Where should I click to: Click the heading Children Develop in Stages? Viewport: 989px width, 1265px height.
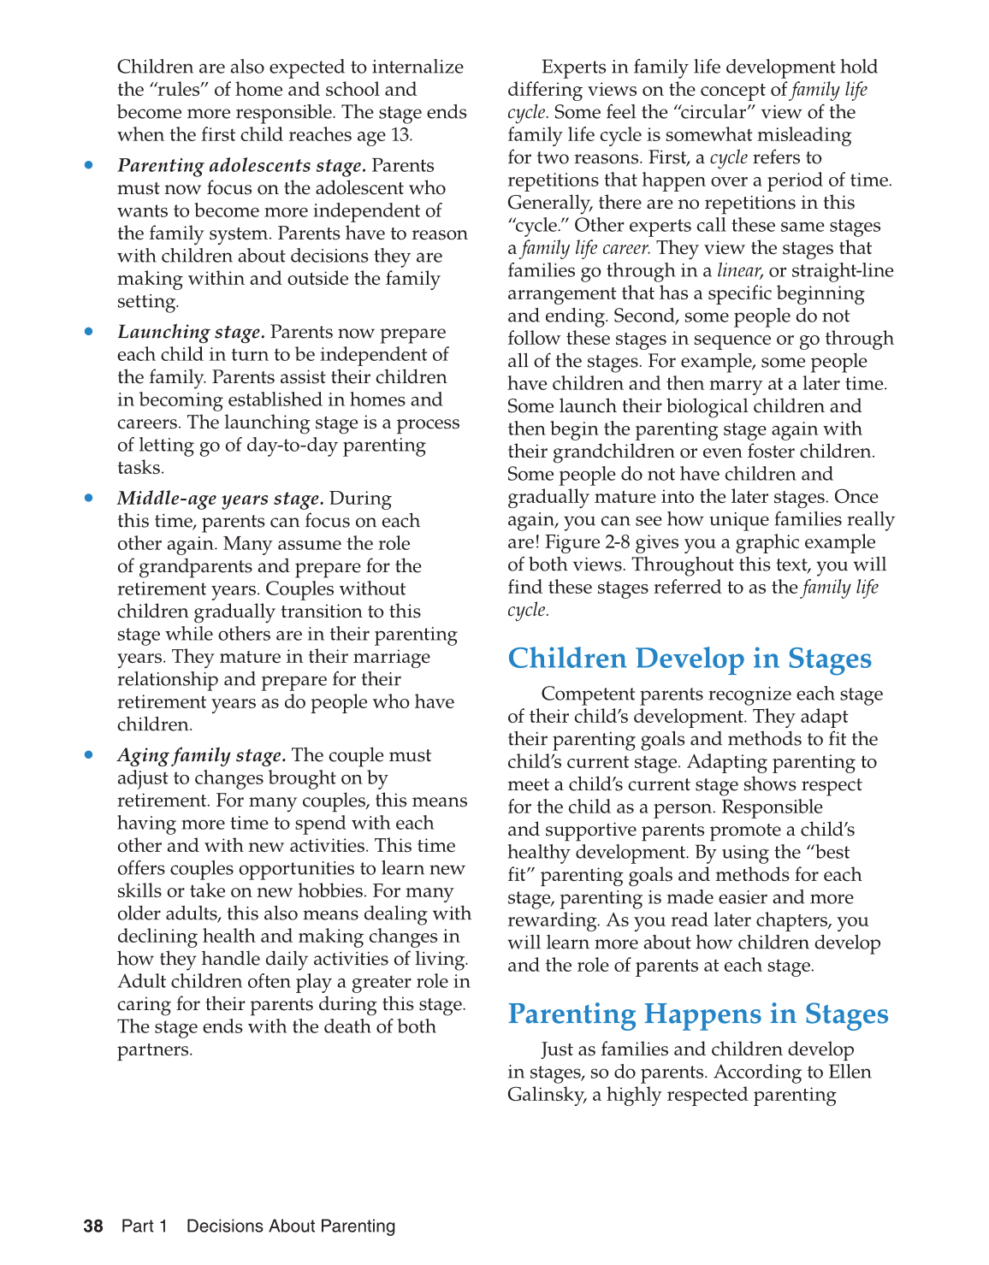coord(689,659)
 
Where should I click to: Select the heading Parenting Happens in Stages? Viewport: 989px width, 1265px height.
coord(697,1014)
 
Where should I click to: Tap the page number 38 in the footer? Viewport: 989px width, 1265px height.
coord(93,1227)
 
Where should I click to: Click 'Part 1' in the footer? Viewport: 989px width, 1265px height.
coord(144,1227)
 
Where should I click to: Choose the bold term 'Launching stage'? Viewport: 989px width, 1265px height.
coord(191,332)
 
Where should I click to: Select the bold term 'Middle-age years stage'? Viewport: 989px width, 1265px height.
coord(220,499)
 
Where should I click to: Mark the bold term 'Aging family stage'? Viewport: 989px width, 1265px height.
coord(201,755)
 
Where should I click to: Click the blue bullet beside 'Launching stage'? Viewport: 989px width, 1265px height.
coord(88,332)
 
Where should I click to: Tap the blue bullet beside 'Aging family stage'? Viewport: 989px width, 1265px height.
coord(88,755)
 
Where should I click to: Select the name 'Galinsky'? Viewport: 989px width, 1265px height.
coord(548,1095)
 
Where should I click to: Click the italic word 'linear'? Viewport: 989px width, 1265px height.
coord(737,271)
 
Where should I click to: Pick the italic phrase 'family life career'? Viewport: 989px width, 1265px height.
coord(585,249)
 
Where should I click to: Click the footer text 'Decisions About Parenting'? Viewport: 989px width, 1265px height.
coord(291,1227)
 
